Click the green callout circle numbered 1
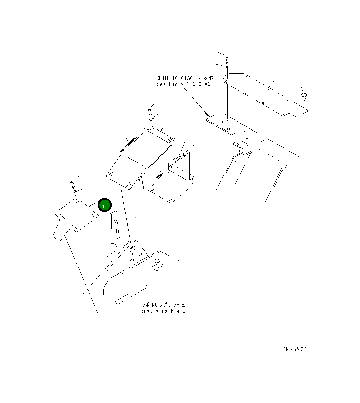tap(104, 205)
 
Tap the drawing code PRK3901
tap(294, 349)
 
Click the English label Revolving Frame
tap(163, 311)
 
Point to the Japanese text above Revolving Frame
tap(163, 305)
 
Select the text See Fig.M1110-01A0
tap(183, 84)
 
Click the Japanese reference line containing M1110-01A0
tap(185, 78)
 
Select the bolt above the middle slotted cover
tap(149, 109)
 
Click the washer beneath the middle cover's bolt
tap(151, 119)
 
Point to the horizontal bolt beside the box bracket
tap(177, 159)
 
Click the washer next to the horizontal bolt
tap(185, 155)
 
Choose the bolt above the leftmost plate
tap(72, 182)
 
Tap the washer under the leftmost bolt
tap(74, 191)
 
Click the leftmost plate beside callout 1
tap(76, 217)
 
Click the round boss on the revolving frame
tap(158, 265)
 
